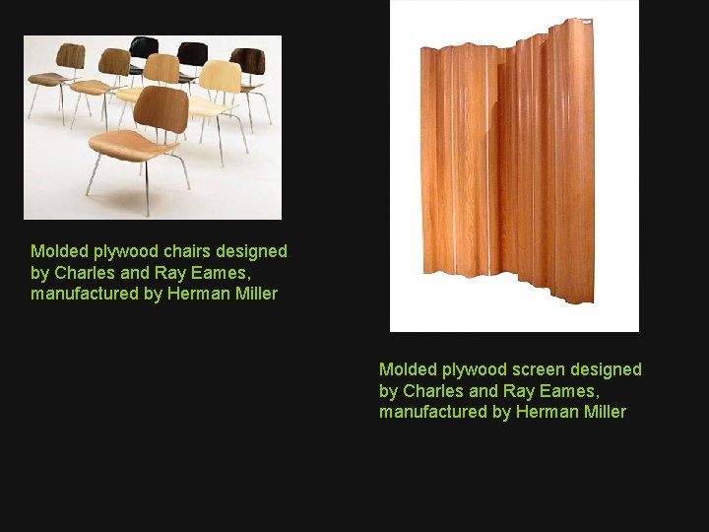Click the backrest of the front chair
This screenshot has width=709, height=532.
point(161,107)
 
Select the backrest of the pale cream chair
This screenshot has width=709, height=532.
point(220,77)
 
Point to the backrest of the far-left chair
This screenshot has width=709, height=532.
point(70,55)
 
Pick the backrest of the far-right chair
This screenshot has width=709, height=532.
point(247,60)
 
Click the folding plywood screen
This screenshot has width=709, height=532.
point(507,167)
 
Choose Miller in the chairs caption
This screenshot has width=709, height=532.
point(254,294)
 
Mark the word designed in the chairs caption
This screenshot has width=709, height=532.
point(255,251)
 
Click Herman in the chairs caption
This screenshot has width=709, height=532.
point(196,294)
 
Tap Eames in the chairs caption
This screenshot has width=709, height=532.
point(216,273)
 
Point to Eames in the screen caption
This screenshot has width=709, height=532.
point(564,390)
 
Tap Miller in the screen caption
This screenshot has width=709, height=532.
point(603,412)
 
